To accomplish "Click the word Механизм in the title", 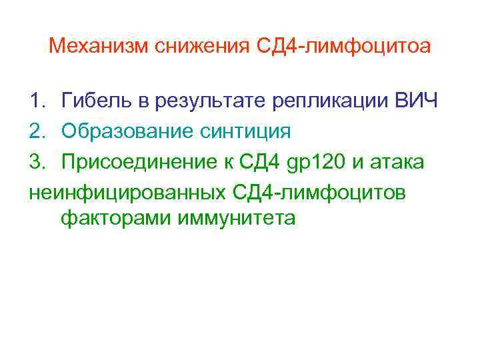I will [99, 46].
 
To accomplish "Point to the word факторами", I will [116, 219].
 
